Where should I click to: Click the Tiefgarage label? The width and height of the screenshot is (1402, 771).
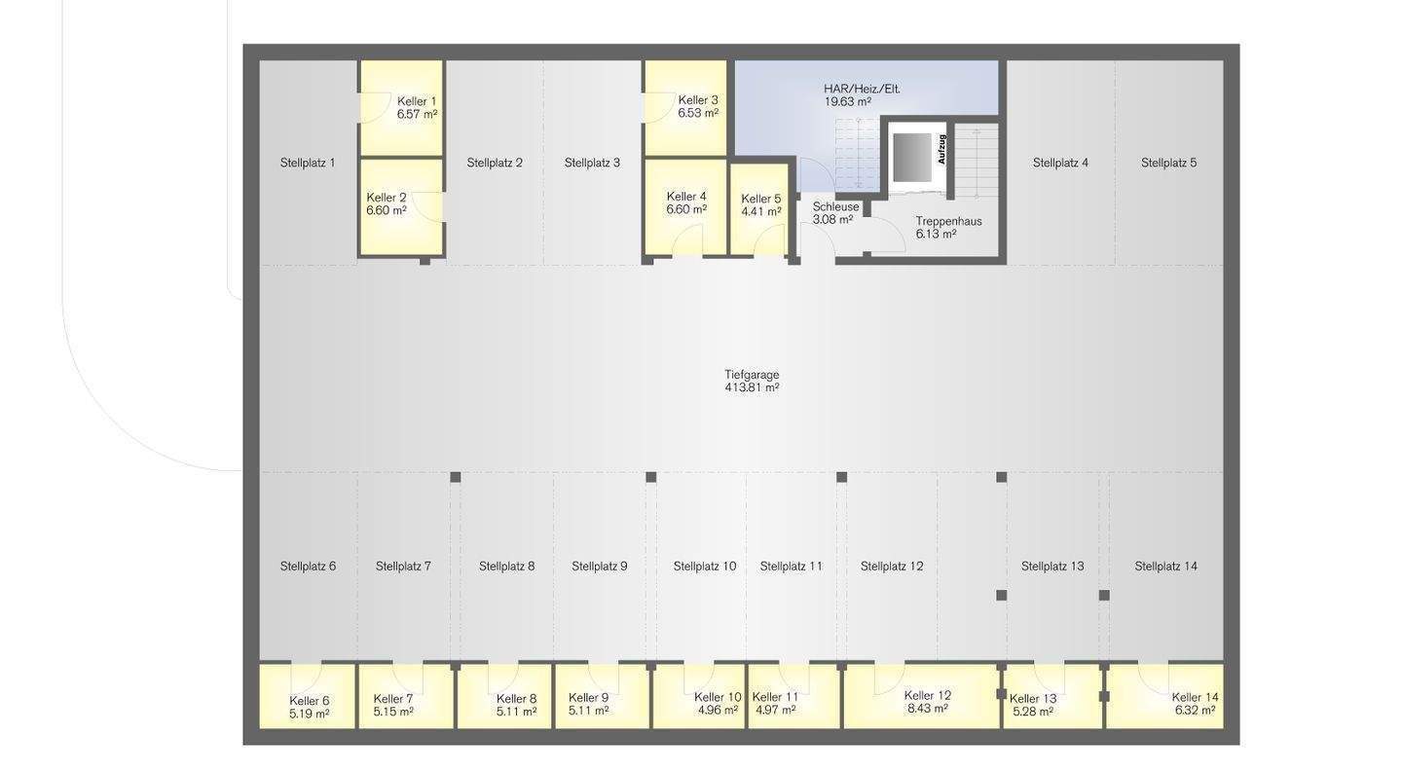click(x=752, y=374)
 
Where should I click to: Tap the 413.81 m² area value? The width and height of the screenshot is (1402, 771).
click(x=752, y=387)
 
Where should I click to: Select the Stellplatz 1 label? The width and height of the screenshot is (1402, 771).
click(x=308, y=163)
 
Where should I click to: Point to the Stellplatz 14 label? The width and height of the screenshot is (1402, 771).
click(x=1165, y=566)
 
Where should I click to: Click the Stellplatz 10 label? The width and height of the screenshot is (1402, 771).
click(x=705, y=566)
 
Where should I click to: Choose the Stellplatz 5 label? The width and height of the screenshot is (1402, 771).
click(x=1168, y=163)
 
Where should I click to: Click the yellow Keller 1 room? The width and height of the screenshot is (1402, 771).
click(x=402, y=108)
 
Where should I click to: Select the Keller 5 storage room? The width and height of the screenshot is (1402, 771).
click(x=759, y=209)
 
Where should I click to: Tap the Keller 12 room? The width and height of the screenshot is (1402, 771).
click(x=921, y=697)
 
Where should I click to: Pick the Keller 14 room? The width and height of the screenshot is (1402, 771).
click(x=1164, y=697)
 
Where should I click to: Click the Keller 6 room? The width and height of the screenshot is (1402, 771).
click(x=307, y=697)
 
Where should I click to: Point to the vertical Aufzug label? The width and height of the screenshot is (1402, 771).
click(x=941, y=149)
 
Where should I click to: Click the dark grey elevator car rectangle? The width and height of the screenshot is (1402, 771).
click(x=912, y=157)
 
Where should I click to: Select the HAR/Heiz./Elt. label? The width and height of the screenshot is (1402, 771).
click(x=862, y=89)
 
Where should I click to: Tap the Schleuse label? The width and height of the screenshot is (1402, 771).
click(x=835, y=206)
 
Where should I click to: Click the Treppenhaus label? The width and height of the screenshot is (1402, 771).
click(x=948, y=221)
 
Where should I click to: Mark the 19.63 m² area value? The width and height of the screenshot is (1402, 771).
click(x=847, y=101)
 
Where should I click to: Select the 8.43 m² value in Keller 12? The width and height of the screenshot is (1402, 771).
click(x=927, y=709)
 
